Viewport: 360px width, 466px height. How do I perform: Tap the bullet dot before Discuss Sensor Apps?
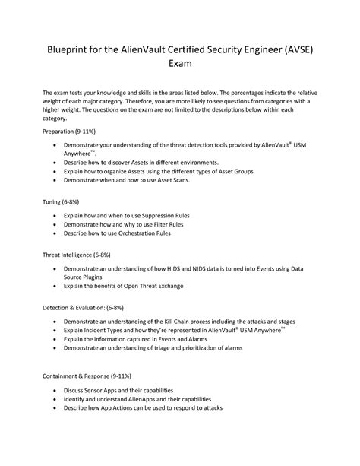click(55, 389)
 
